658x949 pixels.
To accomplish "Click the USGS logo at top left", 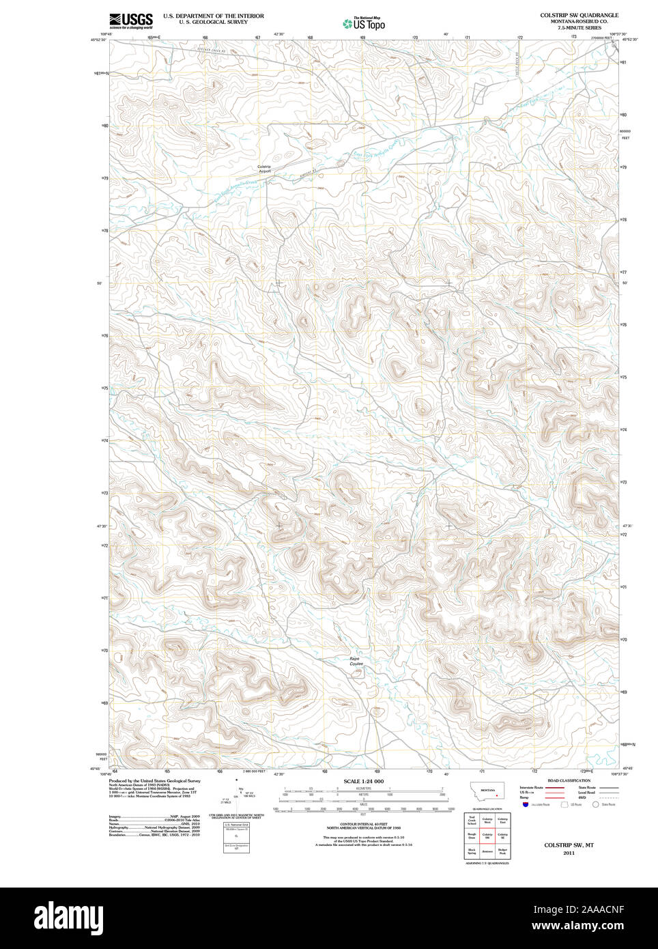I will (130, 20).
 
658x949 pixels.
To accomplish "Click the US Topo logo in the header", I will (364, 24).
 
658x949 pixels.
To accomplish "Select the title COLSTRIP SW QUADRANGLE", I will (579, 15).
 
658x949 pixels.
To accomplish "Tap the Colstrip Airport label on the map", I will (264, 169).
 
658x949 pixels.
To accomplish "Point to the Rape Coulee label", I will (356, 662).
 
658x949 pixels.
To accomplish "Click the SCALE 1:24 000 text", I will (363, 781).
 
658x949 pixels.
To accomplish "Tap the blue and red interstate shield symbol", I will (525, 805).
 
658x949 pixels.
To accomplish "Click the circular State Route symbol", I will (595, 805).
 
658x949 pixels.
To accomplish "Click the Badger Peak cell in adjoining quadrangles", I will (503, 851).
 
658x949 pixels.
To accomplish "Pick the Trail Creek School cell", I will (472, 820).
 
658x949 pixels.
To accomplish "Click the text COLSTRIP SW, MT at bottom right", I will (569, 845).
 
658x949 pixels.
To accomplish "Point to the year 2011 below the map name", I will (569, 853).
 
